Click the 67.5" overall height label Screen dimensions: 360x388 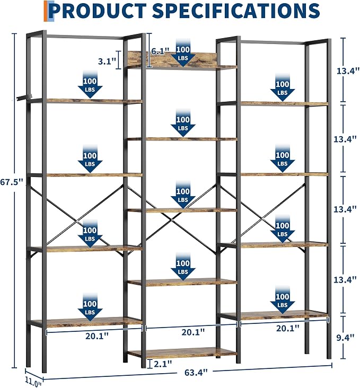click(x=11, y=182)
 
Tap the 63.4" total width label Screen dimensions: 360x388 click(x=196, y=373)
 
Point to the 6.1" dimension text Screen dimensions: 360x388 click(x=160, y=51)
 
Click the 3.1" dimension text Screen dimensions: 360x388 click(x=107, y=61)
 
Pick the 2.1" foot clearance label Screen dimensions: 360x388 click(x=163, y=364)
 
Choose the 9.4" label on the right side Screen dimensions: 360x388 click(x=345, y=337)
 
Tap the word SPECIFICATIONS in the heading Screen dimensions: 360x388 click(x=236, y=11)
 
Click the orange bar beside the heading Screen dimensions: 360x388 click(x=45, y=11)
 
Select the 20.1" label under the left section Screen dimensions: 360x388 click(x=97, y=336)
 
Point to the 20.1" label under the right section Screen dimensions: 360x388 click(x=288, y=328)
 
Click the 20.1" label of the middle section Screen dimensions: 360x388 click(x=193, y=332)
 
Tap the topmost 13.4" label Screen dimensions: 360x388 click(x=348, y=71)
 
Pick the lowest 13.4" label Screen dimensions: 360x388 click(x=345, y=280)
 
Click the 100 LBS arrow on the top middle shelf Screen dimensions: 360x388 click(x=183, y=53)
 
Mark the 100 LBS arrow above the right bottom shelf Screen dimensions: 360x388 click(x=282, y=300)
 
